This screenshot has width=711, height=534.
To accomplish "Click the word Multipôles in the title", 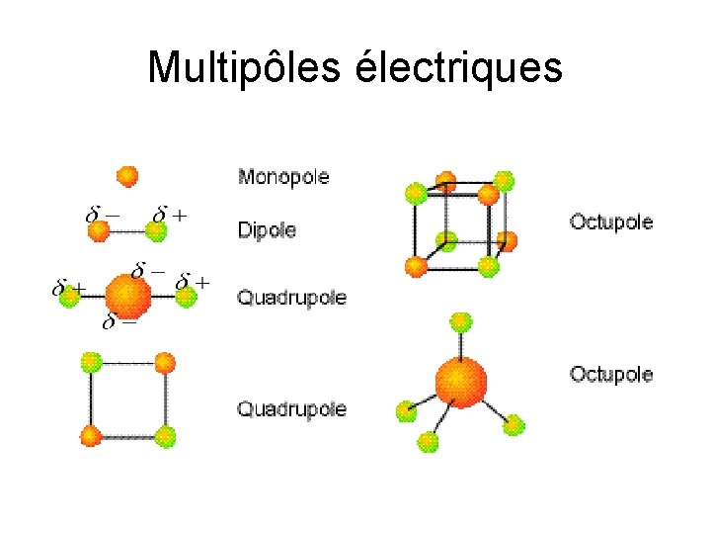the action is [241, 68].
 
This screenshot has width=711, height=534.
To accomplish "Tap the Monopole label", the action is [283, 178].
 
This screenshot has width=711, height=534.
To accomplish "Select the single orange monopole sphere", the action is [126, 176].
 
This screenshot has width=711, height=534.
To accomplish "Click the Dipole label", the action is [267, 230].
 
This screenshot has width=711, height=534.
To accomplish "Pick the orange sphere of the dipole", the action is [98, 231].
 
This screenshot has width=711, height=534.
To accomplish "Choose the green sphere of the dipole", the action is [156, 231].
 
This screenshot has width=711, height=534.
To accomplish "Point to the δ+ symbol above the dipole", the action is [170, 214].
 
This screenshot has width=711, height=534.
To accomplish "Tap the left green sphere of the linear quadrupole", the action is [69, 296].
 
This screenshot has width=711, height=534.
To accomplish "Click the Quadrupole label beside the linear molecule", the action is [291, 298].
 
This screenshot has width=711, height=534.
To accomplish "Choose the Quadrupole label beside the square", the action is [291, 407].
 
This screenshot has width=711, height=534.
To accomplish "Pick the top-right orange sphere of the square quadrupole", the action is [165, 362].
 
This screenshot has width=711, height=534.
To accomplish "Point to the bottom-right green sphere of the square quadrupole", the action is [165, 435].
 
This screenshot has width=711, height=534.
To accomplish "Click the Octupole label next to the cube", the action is [611, 222].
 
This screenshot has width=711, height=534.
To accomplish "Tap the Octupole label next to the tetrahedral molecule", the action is [611, 374].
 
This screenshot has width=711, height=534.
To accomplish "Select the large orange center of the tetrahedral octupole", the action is [460, 381].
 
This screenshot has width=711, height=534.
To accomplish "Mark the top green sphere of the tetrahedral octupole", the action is [460, 320].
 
